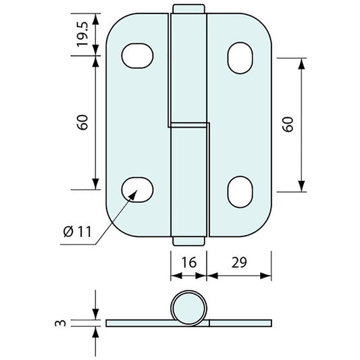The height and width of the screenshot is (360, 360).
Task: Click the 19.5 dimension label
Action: click(82, 34)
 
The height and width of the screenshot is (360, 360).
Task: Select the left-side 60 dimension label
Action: click(82, 122)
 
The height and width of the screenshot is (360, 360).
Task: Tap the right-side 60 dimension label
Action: click(288, 124)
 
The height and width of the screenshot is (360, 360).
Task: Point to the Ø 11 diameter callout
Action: click(78, 232)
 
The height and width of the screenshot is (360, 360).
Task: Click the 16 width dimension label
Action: click(189, 263)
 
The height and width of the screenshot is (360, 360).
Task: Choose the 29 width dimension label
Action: click(239, 263)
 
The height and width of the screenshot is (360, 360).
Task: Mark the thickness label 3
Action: click(60, 323)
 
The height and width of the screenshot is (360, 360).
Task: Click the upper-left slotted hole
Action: click(137, 55)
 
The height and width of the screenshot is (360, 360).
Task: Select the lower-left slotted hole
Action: click(137, 190)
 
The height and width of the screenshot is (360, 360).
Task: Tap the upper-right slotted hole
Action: click(240, 58)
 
